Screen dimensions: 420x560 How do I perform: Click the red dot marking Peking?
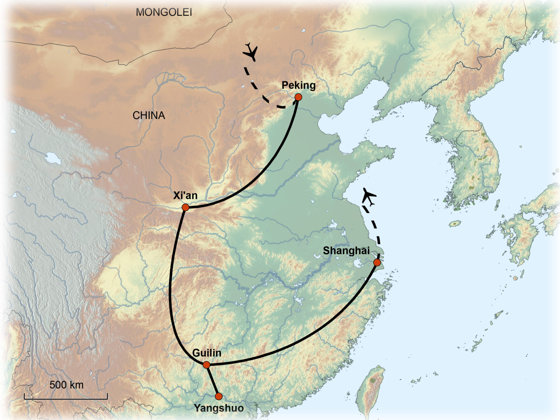pyautogui.click(x=298, y=97)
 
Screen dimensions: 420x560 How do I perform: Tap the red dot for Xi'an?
pyautogui.click(x=185, y=207)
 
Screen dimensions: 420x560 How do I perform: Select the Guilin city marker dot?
pyautogui.click(x=206, y=365)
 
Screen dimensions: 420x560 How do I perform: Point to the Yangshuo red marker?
pyautogui.click(x=218, y=396)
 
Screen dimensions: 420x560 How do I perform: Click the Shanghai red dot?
pyautogui.click(x=377, y=262)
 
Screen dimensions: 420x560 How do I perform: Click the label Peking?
pyautogui.click(x=298, y=85)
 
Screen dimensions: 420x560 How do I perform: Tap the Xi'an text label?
pyautogui.click(x=185, y=195)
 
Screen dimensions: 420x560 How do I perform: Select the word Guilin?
pyautogui.click(x=206, y=353)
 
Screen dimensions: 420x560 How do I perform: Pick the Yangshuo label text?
pyautogui.click(x=219, y=408)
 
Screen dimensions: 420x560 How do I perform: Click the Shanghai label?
pyautogui.click(x=346, y=251)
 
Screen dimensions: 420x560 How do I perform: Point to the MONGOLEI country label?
pyautogui.click(x=164, y=12)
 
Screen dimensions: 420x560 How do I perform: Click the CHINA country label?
pyautogui.click(x=149, y=116)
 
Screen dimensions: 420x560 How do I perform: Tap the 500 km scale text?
pyautogui.click(x=66, y=385)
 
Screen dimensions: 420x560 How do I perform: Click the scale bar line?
pyautogui.click(x=66, y=398)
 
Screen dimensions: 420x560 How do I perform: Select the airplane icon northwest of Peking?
pyautogui.click(x=251, y=52)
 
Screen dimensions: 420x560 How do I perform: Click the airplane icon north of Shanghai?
pyautogui.click(x=369, y=197)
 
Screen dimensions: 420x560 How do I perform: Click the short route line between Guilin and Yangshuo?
pyautogui.click(x=212, y=381)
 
